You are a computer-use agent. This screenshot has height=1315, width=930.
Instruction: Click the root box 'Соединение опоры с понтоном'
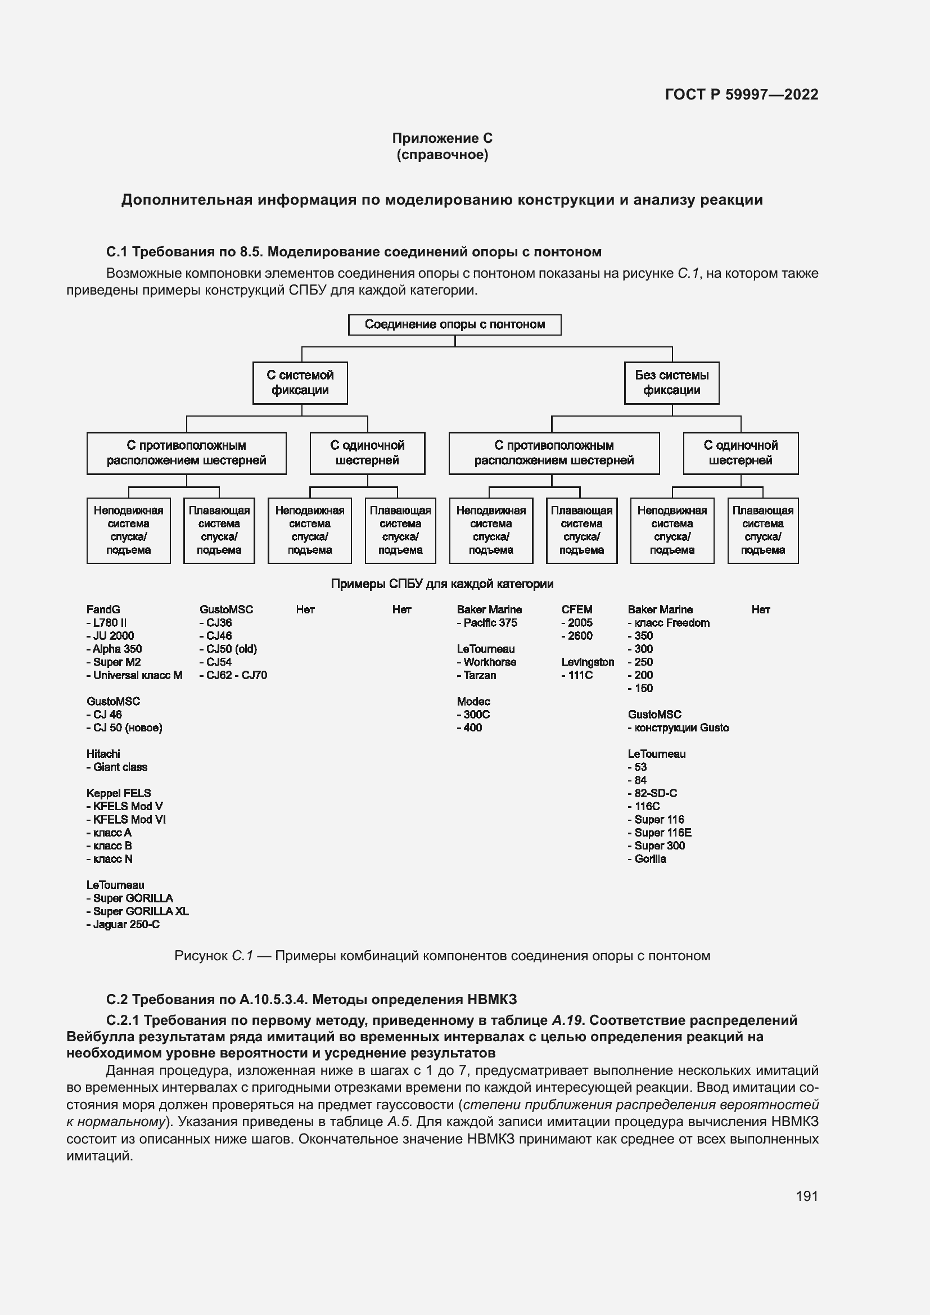click(455, 325)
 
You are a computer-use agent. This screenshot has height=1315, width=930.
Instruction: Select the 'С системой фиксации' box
click(300, 383)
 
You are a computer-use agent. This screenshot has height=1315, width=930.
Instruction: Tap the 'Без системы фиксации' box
click(671, 383)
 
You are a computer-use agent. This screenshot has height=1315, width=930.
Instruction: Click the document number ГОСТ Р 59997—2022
click(742, 94)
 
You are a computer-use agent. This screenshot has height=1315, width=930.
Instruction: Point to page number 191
click(806, 1196)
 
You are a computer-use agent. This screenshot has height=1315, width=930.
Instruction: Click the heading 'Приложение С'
click(442, 138)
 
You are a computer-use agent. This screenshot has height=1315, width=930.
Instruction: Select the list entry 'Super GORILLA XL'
click(141, 911)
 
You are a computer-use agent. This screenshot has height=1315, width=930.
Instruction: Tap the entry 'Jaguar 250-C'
click(126, 924)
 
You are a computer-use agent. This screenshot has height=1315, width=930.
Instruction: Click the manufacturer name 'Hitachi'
click(103, 754)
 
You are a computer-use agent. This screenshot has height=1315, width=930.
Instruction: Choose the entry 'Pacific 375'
click(490, 622)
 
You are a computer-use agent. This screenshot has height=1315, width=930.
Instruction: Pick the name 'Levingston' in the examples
click(588, 662)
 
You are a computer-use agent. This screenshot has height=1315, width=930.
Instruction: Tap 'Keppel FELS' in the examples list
click(119, 793)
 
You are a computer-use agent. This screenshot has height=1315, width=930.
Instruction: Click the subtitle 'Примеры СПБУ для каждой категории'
click(442, 584)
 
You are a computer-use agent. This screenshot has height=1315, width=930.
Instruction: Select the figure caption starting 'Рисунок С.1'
click(442, 956)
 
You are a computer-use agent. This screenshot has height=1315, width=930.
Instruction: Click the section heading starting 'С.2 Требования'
click(311, 1000)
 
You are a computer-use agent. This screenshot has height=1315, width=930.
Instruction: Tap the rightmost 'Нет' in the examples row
click(760, 609)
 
